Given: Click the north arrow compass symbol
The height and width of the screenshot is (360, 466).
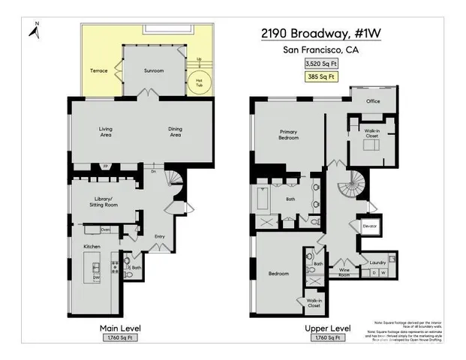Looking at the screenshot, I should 35,29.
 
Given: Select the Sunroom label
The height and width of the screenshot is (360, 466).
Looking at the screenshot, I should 153,70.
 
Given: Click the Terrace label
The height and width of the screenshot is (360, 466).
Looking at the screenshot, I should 99,70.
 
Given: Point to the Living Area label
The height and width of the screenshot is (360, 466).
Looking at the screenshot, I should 106,131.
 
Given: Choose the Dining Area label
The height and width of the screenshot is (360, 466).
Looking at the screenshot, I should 174,131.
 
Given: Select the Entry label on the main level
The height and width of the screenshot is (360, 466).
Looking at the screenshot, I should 159,237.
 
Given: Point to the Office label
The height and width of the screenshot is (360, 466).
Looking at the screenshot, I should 373,100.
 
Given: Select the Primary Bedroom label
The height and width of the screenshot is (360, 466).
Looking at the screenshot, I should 289,135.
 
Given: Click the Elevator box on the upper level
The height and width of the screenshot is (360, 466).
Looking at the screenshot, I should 369,226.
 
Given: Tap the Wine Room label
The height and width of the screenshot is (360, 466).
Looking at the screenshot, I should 345,271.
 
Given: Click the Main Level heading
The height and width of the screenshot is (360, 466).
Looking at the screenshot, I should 120,328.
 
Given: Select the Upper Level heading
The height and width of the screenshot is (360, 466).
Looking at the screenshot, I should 328,328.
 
